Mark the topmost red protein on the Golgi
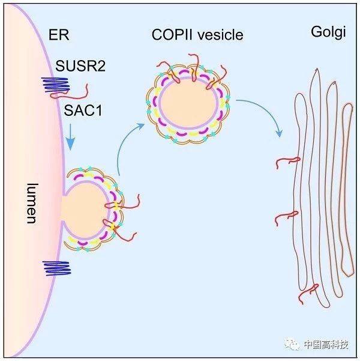[x=287, y=160]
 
